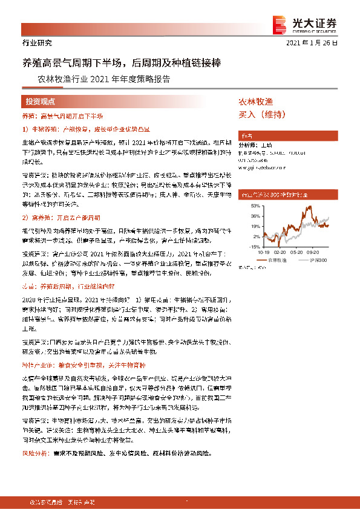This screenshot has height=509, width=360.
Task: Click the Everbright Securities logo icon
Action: pos(280,23)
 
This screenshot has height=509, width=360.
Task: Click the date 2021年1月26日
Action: pos(319,44)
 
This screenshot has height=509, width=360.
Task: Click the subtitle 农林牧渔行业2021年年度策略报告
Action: pos(103,79)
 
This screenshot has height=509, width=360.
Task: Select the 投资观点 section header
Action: pos(41,102)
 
